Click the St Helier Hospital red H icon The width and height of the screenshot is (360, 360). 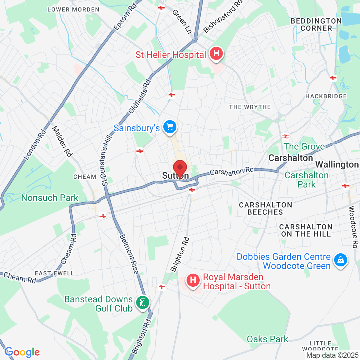(x=216, y=53)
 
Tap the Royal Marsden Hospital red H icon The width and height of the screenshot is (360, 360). (x=193, y=280)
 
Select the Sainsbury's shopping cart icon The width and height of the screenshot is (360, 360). (x=170, y=127)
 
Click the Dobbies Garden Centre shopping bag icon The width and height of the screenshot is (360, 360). (x=341, y=260)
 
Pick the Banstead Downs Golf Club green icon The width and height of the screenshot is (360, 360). (x=143, y=302)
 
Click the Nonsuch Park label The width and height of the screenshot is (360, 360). (x=50, y=198)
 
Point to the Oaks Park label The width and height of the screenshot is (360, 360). (x=267, y=339)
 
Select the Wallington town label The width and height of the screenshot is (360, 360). (x=337, y=164)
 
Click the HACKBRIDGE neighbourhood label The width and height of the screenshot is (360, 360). (x=326, y=96)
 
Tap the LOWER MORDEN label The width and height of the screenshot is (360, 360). (x=73, y=9)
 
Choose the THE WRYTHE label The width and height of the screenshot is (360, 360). (x=250, y=107)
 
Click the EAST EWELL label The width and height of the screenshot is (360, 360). (x=54, y=273)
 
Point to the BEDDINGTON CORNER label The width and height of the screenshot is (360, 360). (x=316, y=25)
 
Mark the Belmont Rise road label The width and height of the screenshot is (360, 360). (x=129, y=254)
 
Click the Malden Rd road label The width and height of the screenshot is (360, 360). (x=62, y=141)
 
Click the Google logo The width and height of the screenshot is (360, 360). (x=22, y=352)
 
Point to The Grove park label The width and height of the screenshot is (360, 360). (x=304, y=146)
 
